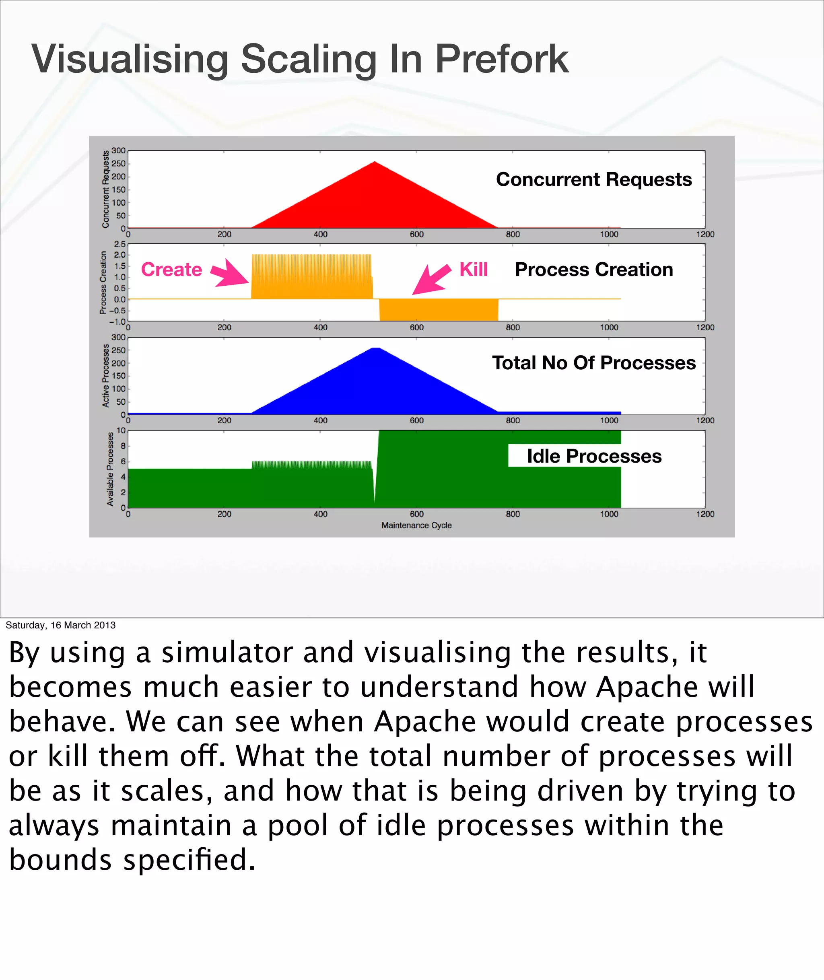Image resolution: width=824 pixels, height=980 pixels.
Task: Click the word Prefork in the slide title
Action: (502, 59)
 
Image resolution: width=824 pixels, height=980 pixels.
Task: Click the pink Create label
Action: (171, 270)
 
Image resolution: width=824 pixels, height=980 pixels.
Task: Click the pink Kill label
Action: (473, 270)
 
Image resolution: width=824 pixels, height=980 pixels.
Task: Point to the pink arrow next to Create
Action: (230, 273)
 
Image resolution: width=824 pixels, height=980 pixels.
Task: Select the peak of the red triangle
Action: (375, 163)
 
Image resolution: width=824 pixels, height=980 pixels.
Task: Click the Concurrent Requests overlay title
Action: (594, 179)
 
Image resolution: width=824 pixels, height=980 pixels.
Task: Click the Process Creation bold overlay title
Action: (594, 270)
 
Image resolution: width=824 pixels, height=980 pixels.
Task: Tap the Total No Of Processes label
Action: (594, 363)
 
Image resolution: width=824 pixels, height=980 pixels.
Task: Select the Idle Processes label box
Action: (594, 456)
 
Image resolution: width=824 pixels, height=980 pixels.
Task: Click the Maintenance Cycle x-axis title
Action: (416, 525)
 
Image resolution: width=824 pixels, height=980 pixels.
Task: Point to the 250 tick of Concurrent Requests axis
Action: (119, 163)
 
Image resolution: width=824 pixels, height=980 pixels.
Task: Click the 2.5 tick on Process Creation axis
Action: (119, 244)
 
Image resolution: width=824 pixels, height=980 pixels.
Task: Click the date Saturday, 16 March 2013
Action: (60, 625)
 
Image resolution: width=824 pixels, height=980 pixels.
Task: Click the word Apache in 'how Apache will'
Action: (646, 687)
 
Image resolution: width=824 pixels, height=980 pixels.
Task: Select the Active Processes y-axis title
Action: (105, 376)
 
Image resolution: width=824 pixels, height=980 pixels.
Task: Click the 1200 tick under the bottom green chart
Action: (705, 514)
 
